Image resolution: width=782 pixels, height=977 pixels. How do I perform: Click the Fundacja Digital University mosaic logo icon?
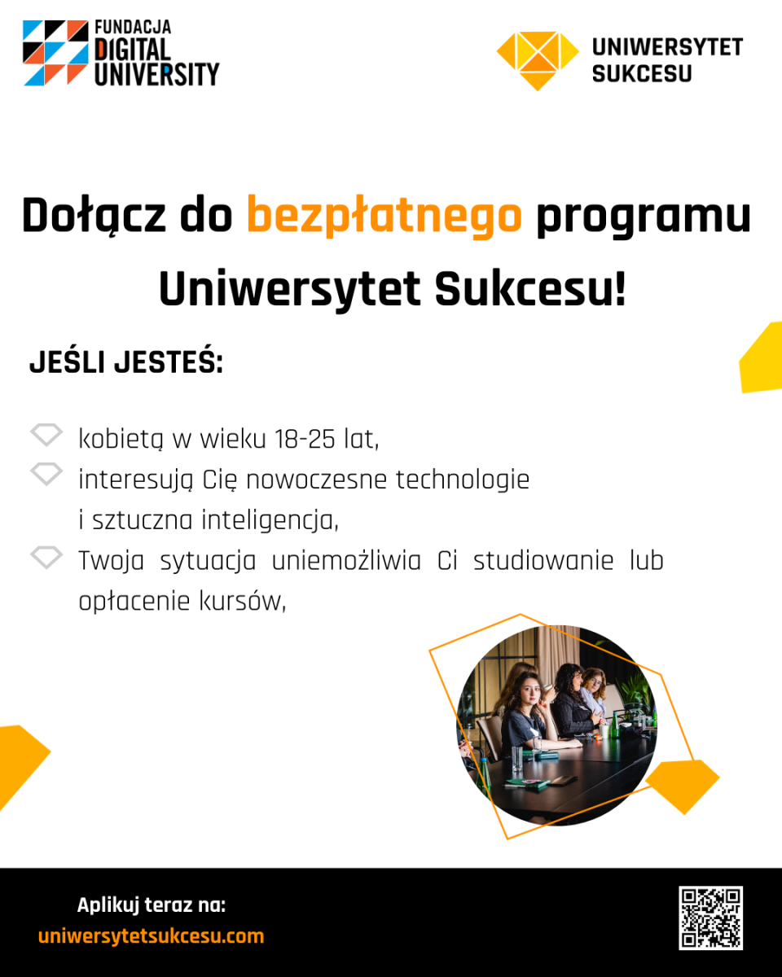click(x=55, y=53)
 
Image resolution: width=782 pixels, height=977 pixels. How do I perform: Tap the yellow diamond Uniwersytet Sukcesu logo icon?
click(x=538, y=61)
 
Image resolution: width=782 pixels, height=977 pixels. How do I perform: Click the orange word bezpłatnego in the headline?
click(x=384, y=217)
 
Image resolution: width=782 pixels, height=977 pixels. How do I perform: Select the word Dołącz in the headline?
click(x=94, y=217)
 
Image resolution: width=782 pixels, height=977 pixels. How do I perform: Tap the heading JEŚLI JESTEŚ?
click(x=126, y=361)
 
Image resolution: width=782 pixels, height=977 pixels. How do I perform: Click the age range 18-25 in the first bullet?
click(x=305, y=439)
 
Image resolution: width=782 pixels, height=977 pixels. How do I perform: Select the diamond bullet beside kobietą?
click(x=46, y=435)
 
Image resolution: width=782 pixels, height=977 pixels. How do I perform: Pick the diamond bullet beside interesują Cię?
click(x=46, y=475)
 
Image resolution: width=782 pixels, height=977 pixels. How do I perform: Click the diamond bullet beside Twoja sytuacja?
click(x=46, y=557)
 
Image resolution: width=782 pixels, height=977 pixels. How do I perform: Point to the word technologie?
click(x=463, y=480)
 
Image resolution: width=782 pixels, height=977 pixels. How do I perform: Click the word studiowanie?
click(x=543, y=561)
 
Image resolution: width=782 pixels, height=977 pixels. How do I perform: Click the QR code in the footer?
click(x=711, y=918)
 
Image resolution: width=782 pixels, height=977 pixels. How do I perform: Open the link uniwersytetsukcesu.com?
click(x=151, y=936)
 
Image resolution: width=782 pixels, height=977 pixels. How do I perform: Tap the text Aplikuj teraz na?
click(x=152, y=905)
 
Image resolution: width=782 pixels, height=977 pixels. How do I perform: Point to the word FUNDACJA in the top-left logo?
click(x=133, y=28)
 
